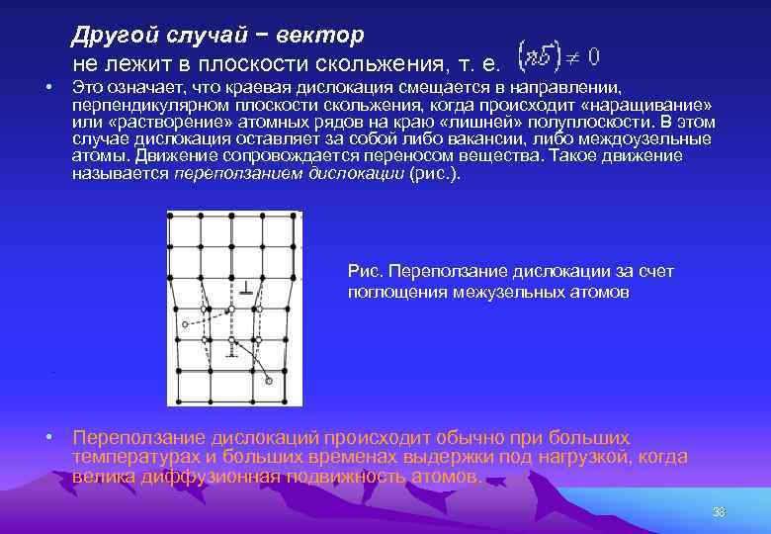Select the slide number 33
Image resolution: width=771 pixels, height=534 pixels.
click(719, 512)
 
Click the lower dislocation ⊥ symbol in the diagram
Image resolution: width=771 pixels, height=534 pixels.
click(231, 353)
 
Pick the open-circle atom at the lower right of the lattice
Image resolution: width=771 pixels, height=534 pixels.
click(269, 381)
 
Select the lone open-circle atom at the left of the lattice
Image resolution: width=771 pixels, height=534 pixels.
click(185, 324)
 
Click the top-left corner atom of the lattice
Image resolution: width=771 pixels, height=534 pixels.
click(170, 216)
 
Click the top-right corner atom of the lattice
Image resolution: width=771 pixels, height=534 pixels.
click(294, 216)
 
